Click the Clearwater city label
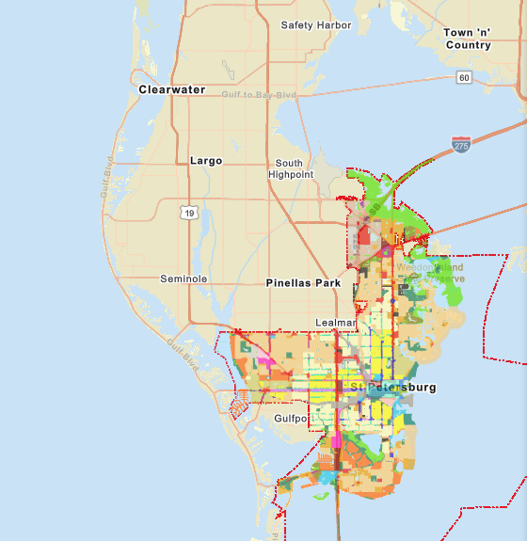pos(171,89)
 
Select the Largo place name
pos(206,161)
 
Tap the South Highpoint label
pos(291,168)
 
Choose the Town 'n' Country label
pos(468,39)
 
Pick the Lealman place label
pos(333,322)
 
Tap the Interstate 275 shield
pos(460,145)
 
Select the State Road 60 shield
pos(464,76)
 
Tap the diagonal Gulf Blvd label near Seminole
pos(184,349)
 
